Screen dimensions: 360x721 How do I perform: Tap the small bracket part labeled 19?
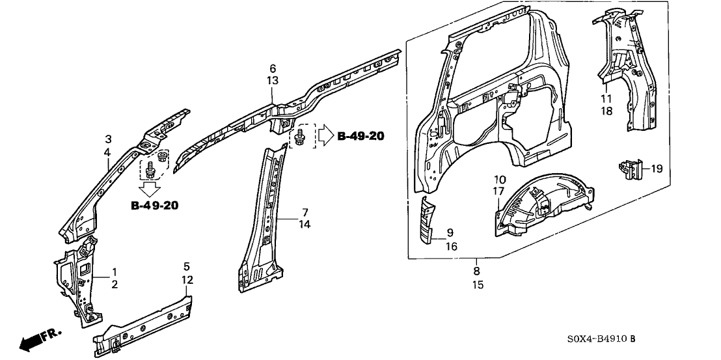[629, 169]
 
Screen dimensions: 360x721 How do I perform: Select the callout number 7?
[304, 212]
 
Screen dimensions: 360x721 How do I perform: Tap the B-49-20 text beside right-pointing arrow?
[360, 136]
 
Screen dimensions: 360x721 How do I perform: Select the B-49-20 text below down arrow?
[155, 206]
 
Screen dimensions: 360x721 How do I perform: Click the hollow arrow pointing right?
[325, 137]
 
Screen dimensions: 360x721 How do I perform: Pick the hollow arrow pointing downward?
[150, 189]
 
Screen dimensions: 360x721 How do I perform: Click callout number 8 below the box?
[477, 271]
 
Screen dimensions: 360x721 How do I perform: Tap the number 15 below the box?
[477, 284]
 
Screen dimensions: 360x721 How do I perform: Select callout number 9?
[450, 232]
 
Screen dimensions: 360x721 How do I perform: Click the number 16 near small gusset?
[450, 246]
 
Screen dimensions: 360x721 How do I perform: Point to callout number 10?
[500, 179]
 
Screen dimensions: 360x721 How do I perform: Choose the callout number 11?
[606, 98]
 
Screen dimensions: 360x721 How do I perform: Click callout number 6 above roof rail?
[273, 68]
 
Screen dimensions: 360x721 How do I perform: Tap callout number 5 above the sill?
[187, 266]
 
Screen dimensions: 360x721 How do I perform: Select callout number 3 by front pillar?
[109, 139]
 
